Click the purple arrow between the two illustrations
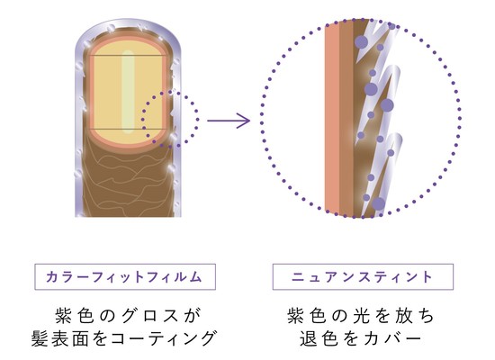click(229, 121)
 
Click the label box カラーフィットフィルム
click(125, 276)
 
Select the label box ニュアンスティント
click(363, 276)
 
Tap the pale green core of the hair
click(128, 92)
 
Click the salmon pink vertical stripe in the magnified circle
click(332, 119)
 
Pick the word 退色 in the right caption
click(319, 338)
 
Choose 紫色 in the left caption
click(75, 316)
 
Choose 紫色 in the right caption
click(307, 316)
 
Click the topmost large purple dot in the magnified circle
click(362, 42)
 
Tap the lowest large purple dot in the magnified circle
click(378, 204)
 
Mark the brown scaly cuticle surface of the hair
click(126, 184)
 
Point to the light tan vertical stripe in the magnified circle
click(346, 119)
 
